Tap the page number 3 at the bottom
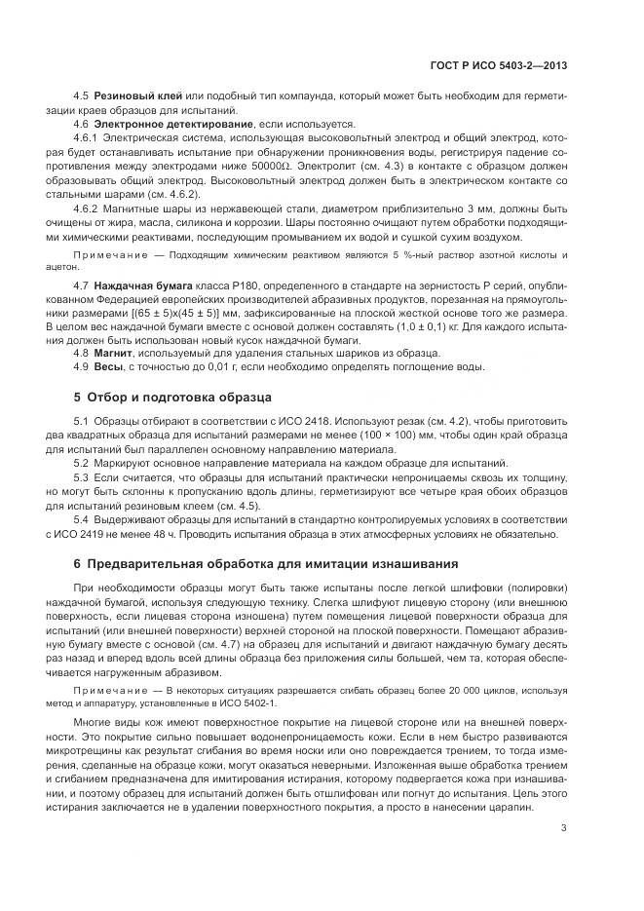(564, 828)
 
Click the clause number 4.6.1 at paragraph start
(89, 139)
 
